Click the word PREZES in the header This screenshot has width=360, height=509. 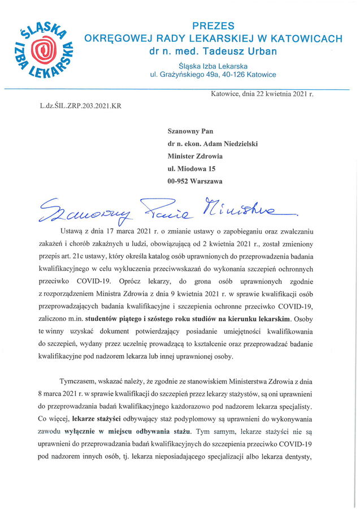213,26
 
